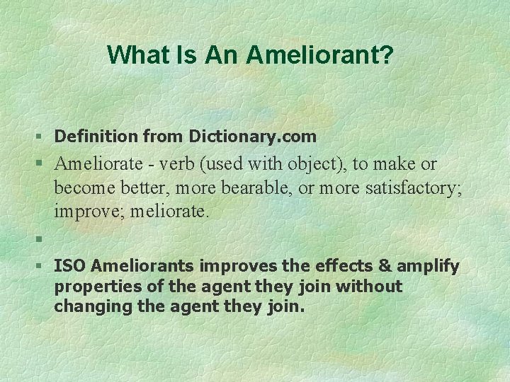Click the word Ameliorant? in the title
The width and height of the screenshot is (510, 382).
tap(319, 54)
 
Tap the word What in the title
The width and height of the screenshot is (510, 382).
tap(136, 54)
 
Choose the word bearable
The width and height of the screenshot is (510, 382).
tap(267, 188)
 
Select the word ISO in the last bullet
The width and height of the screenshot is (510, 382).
tap(70, 267)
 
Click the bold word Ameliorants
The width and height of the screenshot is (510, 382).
tap(144, 267)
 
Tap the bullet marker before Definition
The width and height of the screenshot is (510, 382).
tap(40, 136)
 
